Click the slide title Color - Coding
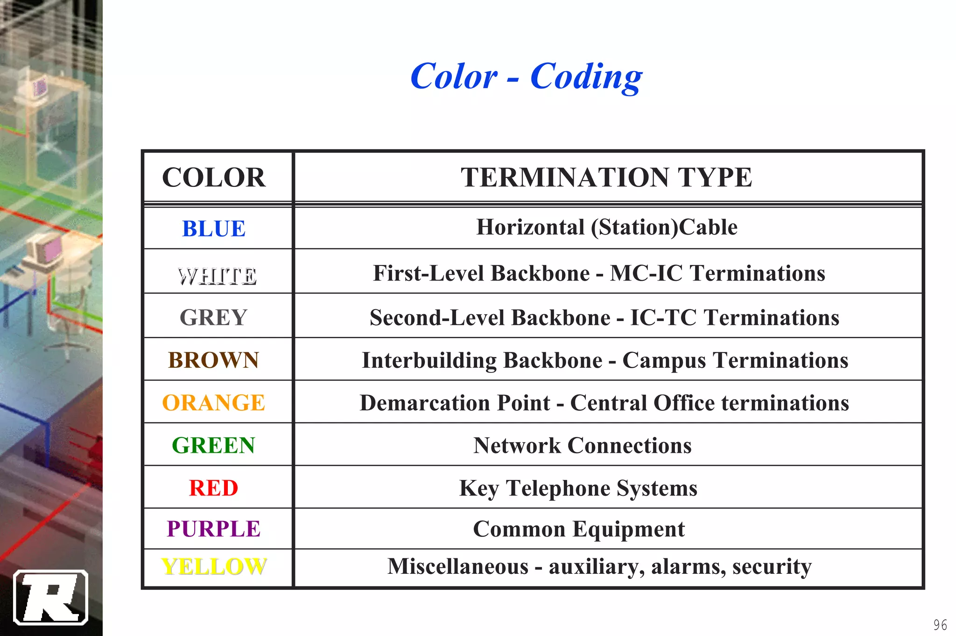pyautogui.click(x=526, y=77)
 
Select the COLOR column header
pyautogui.click(x=214, y=178)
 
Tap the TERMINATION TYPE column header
pyautogui.click(x=606, y=178)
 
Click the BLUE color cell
pyautogui.click(x=214, y=229)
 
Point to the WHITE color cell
pyautogui.click(x=217, y=276)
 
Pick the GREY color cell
pyautogui.click(x=213, y=318)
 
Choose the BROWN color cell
pyautogui.click(x=213, y=360)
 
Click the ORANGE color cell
pyautogui.click(x=213, y=403)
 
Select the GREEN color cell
pyautogui.click(x=213, y=445)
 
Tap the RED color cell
pyautogui.click(x=213, y=488)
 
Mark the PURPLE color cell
pyautogui.click(x=213, y=529)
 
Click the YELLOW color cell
pyautogui.click(x=214, y=567)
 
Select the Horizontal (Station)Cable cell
pyautogui.click(x=606, y=228)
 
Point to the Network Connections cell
pyautogui.click(x=582, y=445)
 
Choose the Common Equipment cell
pyautogui.click(x=578, y=529)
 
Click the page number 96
pyautogui.click(x=940, y=625)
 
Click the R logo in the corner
pyautogui.click(x=50, y=597)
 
